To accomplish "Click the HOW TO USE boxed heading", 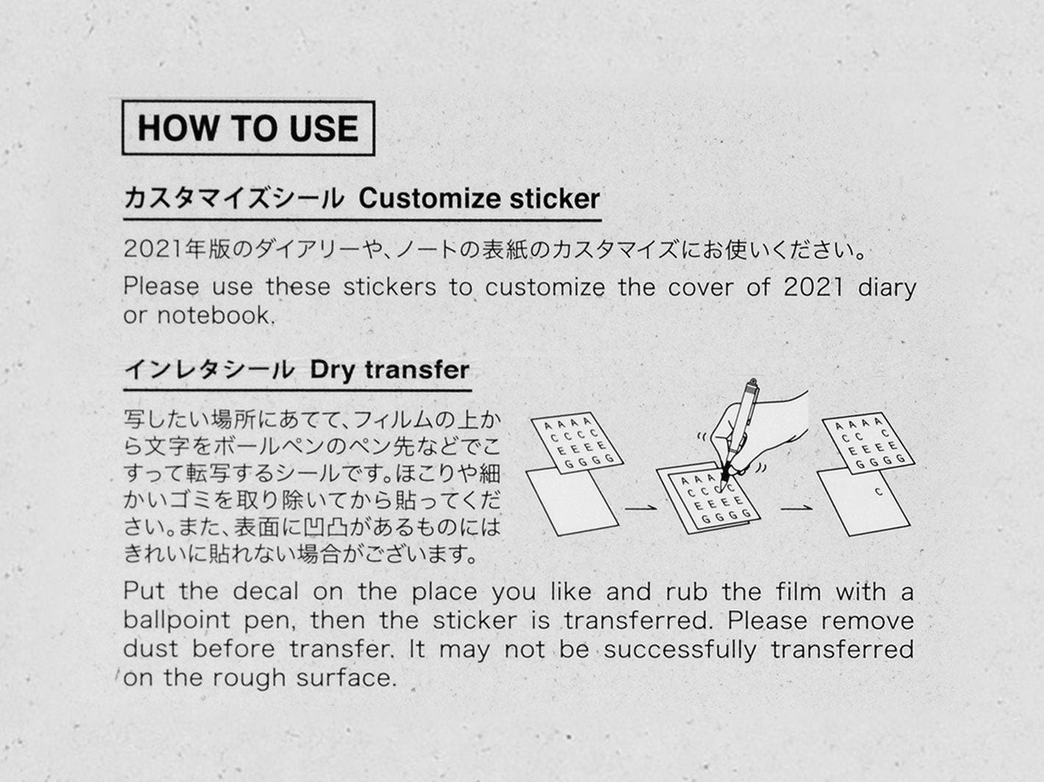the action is pos(249,128).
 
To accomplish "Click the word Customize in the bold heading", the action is pos(429,198).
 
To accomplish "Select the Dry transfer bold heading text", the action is pos(390,370).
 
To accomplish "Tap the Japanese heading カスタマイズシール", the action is pos(234,198).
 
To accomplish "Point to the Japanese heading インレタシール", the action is pos(210,370).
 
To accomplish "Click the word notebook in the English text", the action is pos(216,315).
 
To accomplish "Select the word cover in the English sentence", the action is pos(700,287).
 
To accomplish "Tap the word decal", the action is pos(266,592).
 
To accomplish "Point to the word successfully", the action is pos(679,650).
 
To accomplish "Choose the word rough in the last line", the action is pos(249,678).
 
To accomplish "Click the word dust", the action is pos(151,650).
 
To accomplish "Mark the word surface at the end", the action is pos(346,678).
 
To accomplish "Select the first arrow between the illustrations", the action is pos(641,509).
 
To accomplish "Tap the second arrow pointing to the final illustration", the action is pos(797,509).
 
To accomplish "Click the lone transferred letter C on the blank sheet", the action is pos(879,492).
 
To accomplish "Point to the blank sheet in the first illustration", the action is pos(572,501).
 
